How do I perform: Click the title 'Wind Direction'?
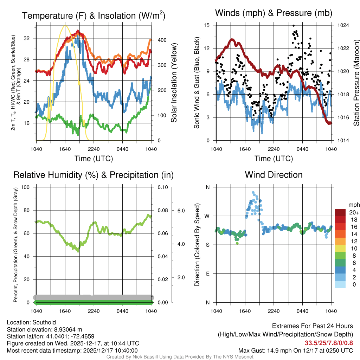tap(274, 175)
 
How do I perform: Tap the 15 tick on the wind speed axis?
tap(206, 25)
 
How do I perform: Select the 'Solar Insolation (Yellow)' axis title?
tap(174, 83)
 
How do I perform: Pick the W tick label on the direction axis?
tap(207, 216)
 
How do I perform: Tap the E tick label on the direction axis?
tap(207, 274)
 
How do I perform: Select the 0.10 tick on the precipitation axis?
tap(162, 187)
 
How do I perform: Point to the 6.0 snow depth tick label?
tap(181, 211)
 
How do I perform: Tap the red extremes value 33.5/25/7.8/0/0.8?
tap(329, 343)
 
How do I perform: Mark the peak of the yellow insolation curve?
tap(65, 25)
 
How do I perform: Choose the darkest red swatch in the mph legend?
tap(341, 212)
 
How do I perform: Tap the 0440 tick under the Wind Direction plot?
tap(302, 311)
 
